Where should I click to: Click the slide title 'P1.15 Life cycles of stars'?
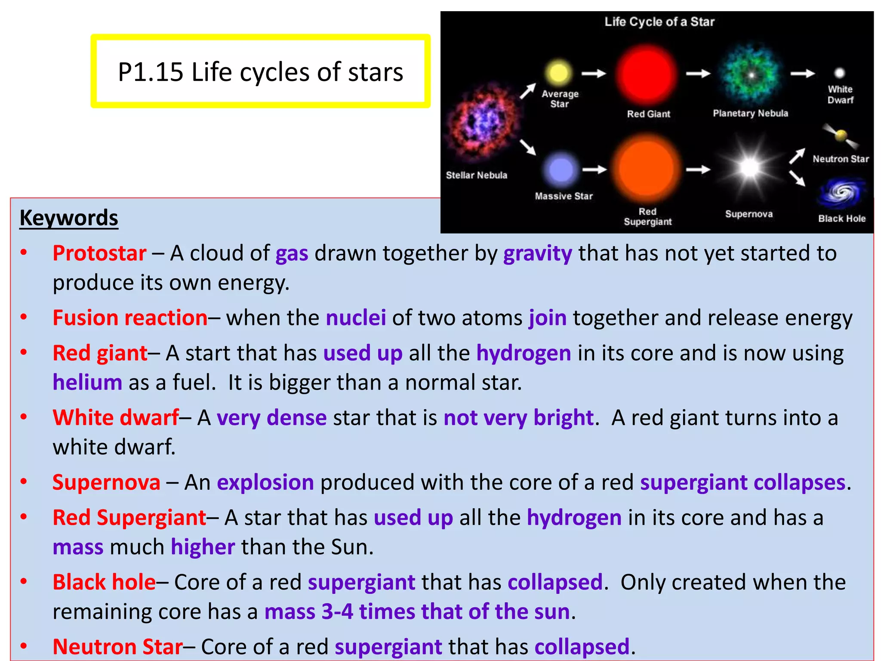(x=260, y=71)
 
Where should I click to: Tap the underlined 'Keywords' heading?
(x=69, y=218)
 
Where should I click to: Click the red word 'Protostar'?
(x=99, y=253)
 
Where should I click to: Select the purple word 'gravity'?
(x=538, y=253)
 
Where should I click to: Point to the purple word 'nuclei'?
(x=356, y=318)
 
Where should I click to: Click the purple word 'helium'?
(x=87, y=383)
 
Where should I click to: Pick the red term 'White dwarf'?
(x=116, y=417)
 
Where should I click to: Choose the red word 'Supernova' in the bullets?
(x=106, y=482)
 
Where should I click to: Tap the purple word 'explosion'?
(x=265, y=482)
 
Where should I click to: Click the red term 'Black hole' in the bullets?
(x=104, y=582)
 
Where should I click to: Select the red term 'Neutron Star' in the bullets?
(x=117, y=647)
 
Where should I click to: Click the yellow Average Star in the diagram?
(x=558, y=72)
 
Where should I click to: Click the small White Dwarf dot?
(x=840, y=73)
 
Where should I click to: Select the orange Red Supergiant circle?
(x=647, y=169)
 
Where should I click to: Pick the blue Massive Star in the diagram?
(x=561, y=170)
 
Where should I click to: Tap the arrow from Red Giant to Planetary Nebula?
(x=698, y=74)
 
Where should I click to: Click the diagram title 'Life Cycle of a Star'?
(x=659, y=22)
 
